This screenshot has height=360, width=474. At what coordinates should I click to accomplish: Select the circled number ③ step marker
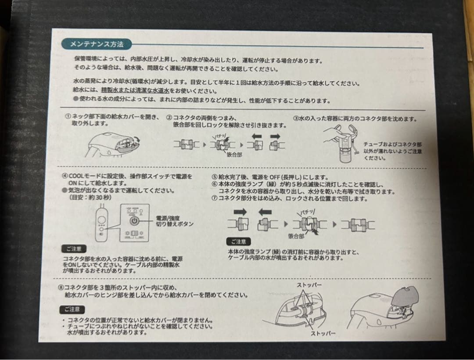click(x=296, y=119)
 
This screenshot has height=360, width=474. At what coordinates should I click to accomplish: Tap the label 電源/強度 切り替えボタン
click(x=174, y=221)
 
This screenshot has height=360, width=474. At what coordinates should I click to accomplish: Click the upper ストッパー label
click(x=309, y=285)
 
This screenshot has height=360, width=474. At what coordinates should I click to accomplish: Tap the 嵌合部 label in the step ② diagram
click(x=234, y=155)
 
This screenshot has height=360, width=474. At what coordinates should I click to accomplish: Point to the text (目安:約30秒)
click(x=90, y=198)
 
